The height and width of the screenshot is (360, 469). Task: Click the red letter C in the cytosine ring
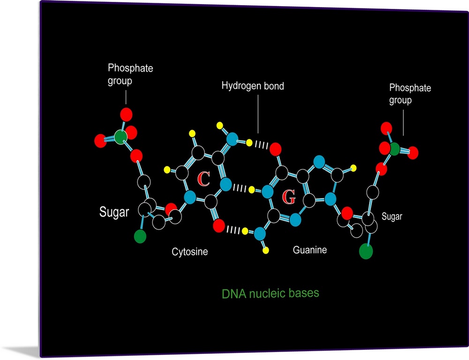click(203, 178)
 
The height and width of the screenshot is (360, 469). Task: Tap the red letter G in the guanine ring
click(289, 198)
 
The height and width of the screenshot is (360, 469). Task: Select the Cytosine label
click(189, 252)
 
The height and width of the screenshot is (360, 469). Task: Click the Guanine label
click(310, 250)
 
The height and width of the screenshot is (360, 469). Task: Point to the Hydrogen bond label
click(253, 86)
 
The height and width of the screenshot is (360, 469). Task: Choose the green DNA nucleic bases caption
click(270, 293)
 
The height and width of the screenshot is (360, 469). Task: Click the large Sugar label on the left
click(114, 212)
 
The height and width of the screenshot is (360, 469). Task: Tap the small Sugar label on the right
click(392, 217)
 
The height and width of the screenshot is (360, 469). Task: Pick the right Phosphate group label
click(410, 94)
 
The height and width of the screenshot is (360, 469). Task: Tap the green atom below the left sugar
click(140, 236)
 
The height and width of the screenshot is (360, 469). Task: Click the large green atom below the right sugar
click(366, 251)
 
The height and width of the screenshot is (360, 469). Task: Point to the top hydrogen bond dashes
click(260, 144)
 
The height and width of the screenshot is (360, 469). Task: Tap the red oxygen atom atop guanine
click(275, 149)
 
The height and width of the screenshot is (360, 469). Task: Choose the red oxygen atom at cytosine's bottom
click(218, 226)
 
